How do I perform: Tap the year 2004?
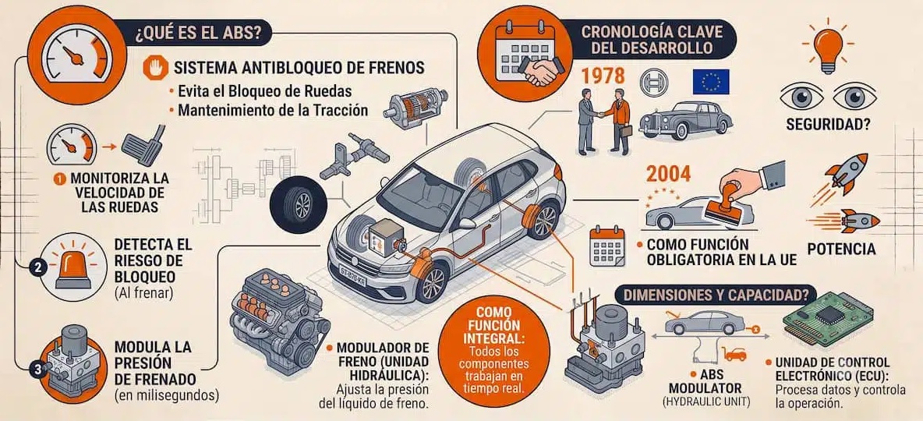668,175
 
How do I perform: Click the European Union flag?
710,82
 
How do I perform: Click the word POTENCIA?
841,249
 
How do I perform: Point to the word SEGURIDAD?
828,124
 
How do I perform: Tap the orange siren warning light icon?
73,267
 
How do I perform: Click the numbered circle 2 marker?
37,267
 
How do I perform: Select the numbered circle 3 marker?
37,370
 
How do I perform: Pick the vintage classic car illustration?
686,120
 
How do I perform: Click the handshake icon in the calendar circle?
540,72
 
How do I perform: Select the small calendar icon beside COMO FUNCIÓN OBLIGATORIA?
607,246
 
